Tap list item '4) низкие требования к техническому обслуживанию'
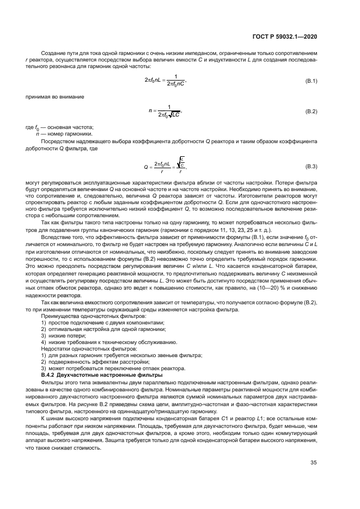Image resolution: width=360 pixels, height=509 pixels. [109, 342]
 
